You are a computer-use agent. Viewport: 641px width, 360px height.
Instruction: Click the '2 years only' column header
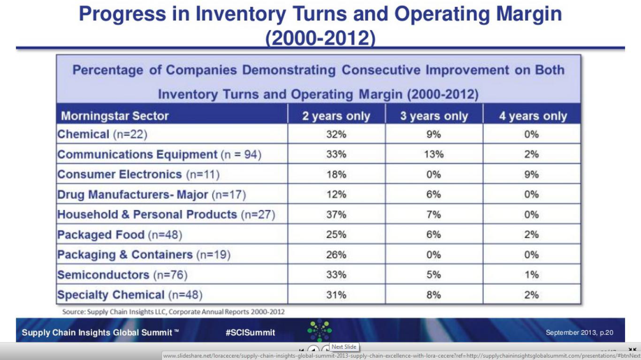click(336, 116)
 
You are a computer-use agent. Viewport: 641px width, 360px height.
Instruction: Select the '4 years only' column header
click(533, 116)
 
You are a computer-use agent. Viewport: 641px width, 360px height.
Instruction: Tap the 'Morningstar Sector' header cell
click(115, 116)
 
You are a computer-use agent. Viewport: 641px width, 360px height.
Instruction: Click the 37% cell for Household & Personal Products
click(336, 215)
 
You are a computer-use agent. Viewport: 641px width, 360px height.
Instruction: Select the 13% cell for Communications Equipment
click(434, 155)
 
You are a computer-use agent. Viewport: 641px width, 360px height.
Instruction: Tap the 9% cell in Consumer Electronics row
click(532, 175)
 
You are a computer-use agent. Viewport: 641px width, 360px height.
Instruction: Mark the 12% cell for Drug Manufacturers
click(336, 195)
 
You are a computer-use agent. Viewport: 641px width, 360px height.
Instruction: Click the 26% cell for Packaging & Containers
click(336, 255)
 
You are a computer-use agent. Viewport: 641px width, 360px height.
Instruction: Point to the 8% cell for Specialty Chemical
click(434, 295)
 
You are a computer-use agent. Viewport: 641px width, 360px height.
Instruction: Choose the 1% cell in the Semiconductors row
click(532, 275)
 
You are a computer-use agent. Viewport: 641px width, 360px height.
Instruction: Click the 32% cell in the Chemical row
click(336, 134)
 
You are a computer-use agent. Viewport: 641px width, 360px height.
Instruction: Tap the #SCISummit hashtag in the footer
click(250, 333)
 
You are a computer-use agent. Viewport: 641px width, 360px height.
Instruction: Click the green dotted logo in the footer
click(320, 331)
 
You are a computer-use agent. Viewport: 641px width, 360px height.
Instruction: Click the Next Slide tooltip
click(344, 347)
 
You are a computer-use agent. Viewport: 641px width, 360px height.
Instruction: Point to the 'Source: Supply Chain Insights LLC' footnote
click(174, 311)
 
